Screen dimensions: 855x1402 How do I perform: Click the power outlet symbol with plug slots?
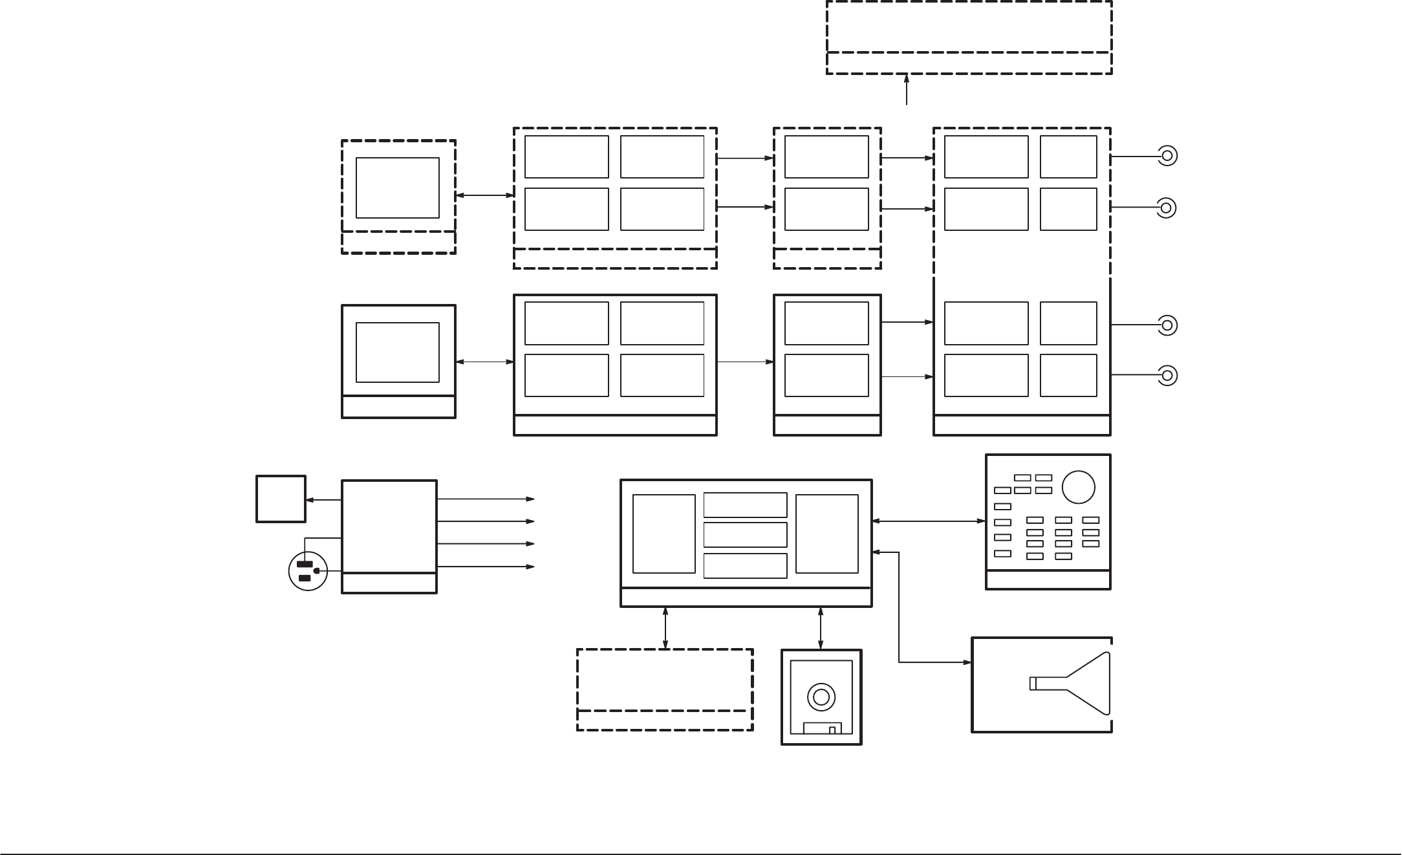[x=308, y=571]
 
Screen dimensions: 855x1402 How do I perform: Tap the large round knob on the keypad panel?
[x=1078, y=487]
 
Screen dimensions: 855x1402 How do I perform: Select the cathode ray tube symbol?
[x=1070, y=684]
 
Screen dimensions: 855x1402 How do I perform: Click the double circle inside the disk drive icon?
[x=821, y=697]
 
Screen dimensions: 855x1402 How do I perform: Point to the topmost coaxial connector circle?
[x=1167, y=156]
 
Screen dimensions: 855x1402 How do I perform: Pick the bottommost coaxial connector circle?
[x=1167, y=375]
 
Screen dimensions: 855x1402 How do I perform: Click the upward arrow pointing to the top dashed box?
[x=907, y=89]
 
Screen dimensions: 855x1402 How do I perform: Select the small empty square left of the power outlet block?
[x=281, y=499]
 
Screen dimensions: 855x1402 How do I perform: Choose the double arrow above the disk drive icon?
[x=821, y=628]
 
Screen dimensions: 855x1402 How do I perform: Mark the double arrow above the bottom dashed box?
[x=665, y=628]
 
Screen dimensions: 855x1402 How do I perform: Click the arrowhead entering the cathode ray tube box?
[x=967, y=662]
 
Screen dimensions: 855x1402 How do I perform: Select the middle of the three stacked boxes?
[x=745, y=535]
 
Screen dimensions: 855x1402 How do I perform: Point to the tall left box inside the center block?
[x=663, y=534]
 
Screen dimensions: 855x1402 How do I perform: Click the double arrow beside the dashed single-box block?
[x=484, y=195]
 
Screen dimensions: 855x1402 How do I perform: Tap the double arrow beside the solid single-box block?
[x=484, y=362]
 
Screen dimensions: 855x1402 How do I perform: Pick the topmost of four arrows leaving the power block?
[x=486, y=499]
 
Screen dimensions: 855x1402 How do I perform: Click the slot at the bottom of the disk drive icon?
[x=823, y=728]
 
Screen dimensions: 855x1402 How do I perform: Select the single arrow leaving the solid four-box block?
[x=745, y=362]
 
